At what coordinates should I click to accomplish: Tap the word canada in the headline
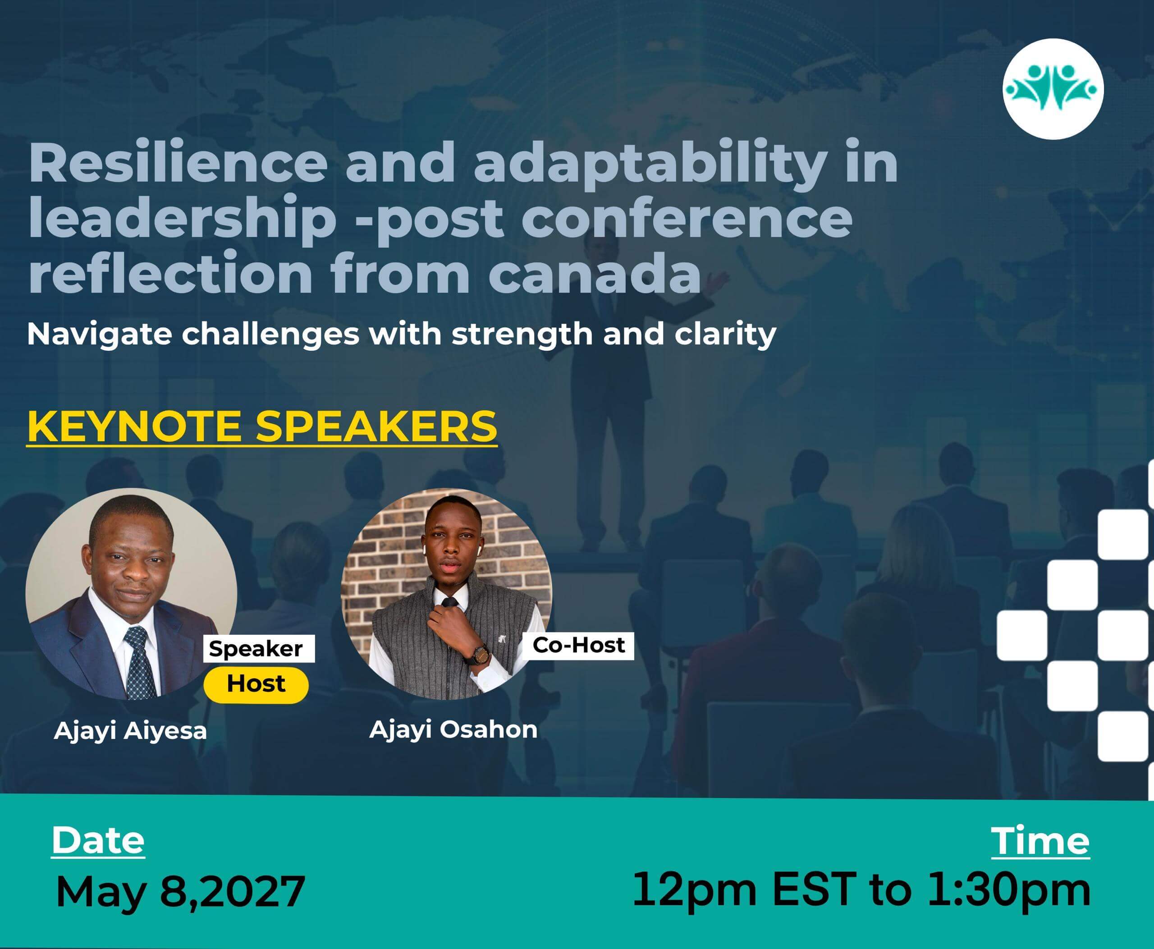[x=594, y=273]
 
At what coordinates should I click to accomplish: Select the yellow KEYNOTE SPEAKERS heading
[x=262, y=427]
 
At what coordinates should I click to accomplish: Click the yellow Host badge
[x=256, y=684]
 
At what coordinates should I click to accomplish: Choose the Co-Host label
[x=578, y=645]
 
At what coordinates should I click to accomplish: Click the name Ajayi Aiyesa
[x=130, y=731]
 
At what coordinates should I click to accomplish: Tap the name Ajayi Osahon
[x=453, y=730]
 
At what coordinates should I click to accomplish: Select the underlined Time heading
[x=1040, y=840]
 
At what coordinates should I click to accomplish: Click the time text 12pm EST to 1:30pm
[x=861, y=890]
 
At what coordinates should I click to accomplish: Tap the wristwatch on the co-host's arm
[x=478, y=654]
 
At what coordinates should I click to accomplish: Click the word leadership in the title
[x=182, y=218]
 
